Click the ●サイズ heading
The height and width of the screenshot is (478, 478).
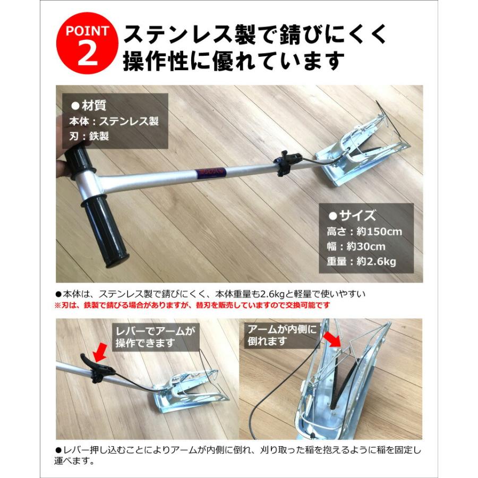[353, 216]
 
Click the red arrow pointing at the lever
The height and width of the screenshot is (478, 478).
[99, 353]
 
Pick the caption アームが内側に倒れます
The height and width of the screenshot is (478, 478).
[282, 336]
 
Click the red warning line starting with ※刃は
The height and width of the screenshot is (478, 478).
[192, 305]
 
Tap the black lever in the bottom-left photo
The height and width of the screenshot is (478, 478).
[96, 368]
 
